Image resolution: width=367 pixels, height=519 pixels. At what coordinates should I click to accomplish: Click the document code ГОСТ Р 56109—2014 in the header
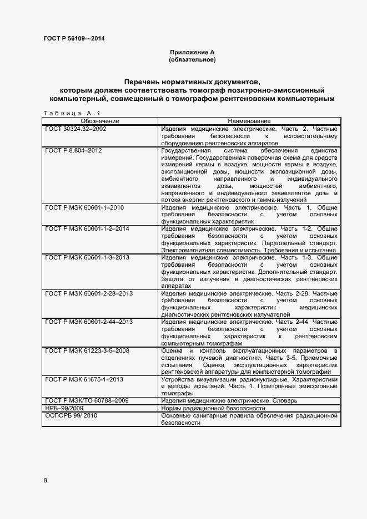[73, 39]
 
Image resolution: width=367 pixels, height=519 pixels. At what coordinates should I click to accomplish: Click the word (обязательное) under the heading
[192, 59]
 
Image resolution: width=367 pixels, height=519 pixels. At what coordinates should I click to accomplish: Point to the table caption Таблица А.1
[72, 114]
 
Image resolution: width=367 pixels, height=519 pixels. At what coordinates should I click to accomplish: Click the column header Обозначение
[100, 121]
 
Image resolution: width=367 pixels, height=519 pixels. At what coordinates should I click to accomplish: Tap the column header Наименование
[249, 121]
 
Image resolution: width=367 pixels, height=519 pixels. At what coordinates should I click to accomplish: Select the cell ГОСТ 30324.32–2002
[76, 129]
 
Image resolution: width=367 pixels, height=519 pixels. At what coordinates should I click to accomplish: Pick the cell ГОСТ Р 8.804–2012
[73, 150]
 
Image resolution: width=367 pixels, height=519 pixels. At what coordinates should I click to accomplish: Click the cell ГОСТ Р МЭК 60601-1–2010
[84, 207]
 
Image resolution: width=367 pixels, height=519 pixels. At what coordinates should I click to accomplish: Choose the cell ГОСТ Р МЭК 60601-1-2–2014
[87, 229]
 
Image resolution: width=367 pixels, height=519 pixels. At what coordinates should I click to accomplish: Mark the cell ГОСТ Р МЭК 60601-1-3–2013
[87, 258]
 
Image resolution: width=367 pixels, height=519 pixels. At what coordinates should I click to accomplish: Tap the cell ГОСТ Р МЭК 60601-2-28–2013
[89, 293]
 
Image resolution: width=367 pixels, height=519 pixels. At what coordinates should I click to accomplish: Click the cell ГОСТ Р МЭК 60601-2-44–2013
[89, 322]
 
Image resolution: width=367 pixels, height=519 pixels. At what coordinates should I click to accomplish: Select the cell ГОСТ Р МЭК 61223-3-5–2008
[87, 350]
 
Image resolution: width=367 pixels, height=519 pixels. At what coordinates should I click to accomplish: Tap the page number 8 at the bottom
[46, 480]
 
